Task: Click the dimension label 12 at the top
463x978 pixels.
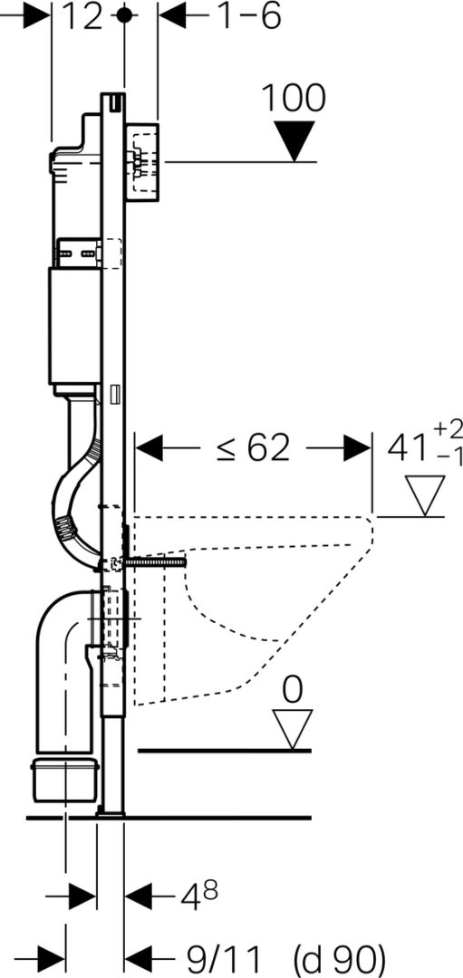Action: [x=82, y=17]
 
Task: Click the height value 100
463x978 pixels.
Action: [x=293, y=98]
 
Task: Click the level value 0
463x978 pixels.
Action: [x=292, y=690]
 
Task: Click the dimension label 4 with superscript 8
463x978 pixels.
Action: [x=199, y=896]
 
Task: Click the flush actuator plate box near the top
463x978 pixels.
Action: [x=144, y=162]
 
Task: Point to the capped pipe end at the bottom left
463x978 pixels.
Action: [x=65, y=777]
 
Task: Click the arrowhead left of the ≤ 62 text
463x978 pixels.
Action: [x=149, y=448]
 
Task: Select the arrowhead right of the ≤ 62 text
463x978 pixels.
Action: [x=358, y=448]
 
